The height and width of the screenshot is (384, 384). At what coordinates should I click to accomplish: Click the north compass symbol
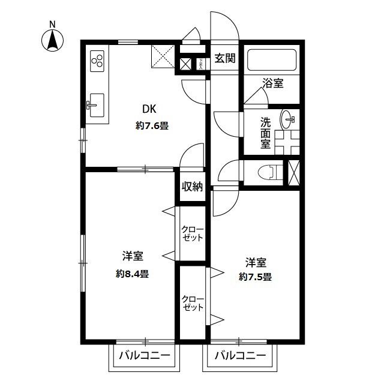click(53, 39)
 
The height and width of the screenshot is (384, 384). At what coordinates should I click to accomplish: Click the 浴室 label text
click(273, 83)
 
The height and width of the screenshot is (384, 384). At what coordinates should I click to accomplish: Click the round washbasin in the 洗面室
click(289, 119)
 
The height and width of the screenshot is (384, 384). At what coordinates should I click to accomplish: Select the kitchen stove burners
click(97, 60)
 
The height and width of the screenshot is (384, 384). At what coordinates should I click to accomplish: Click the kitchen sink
click(95, 107)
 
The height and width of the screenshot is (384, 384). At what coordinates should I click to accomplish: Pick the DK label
click(149, 109)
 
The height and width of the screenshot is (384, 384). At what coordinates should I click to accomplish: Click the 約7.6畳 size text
click(151, 126)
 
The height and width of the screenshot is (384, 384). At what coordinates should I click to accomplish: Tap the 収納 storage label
click(192, 187)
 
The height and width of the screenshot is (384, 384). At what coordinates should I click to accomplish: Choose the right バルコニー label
click(239, 355)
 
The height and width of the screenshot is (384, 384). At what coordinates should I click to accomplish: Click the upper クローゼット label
click(193, 233)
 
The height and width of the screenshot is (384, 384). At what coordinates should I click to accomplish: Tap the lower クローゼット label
click(193, 303)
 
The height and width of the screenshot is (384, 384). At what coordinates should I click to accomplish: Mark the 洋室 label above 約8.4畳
click(133, 256)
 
